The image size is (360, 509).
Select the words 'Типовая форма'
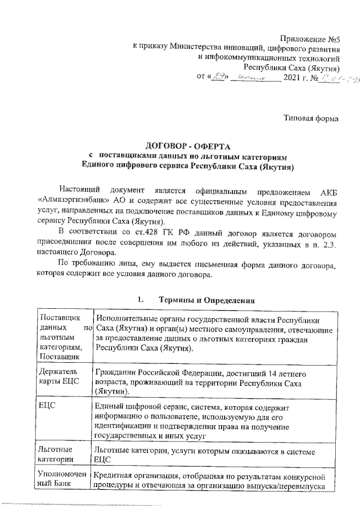tap(311, 119)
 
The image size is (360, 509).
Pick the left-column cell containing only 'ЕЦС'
tap(47, 405)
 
